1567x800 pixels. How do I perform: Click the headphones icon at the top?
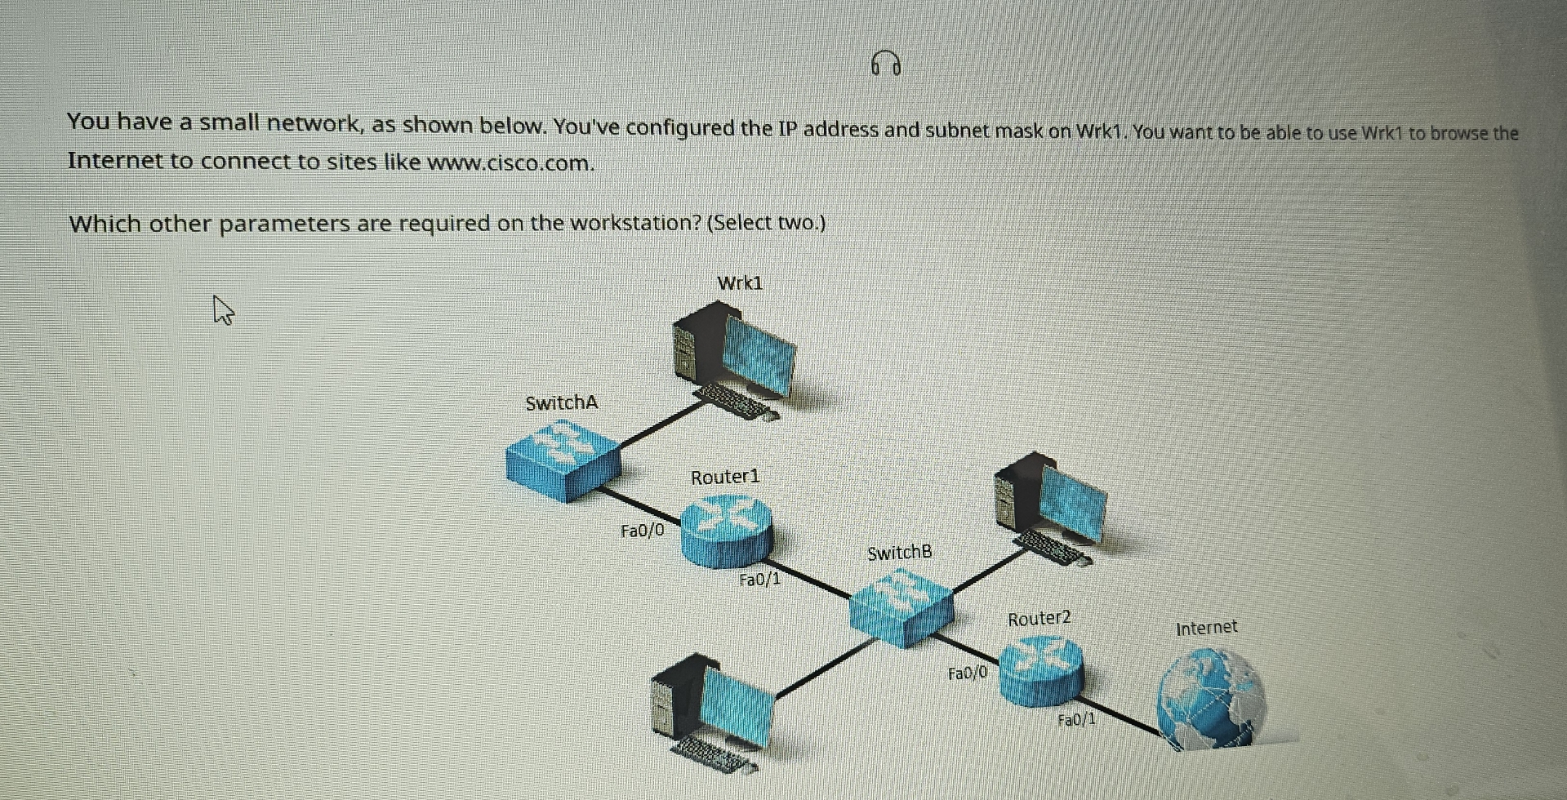pyautogui.click(x=886, y=63)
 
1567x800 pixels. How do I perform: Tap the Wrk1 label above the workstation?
pyautogui.click(x=740, y=283)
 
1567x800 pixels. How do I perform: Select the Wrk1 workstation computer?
pyautogui.click(x=733, y=359)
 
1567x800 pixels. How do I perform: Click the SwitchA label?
pyautogui.click(x=562, y=403)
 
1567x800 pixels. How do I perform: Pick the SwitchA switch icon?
pyautogui.click(x=563, y=461)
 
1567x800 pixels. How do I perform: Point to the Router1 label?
pyautogui.click(x=725, y=477)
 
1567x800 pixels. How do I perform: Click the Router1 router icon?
pyautogui.click(x=726, y=531)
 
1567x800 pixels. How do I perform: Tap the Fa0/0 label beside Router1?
pyautogui.click(x=643, y=531)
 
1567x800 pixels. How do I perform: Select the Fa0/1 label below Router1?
pyautogui.click(x=759, y=580)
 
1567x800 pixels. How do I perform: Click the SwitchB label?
pyautogui.click(x=899, y=553)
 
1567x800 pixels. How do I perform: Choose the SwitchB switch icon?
pyautogui.click(x=901, y=608)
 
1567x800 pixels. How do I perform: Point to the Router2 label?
pyautogui.click(x=1039, y=619)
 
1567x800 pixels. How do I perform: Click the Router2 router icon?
pyautogui.click(x=1041, y=672)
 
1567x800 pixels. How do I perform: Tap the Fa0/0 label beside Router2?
pyautogui.click(x=968, y=673)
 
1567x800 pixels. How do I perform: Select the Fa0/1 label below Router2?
pyautogui.click(x=1076, y=720)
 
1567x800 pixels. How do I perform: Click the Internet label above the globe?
pyautogui.click(x=1206, y=628)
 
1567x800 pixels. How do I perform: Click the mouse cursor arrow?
pyautogui.click(x=222, y=309)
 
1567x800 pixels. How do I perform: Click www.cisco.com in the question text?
pyautogui.click(x=510, y=163)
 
